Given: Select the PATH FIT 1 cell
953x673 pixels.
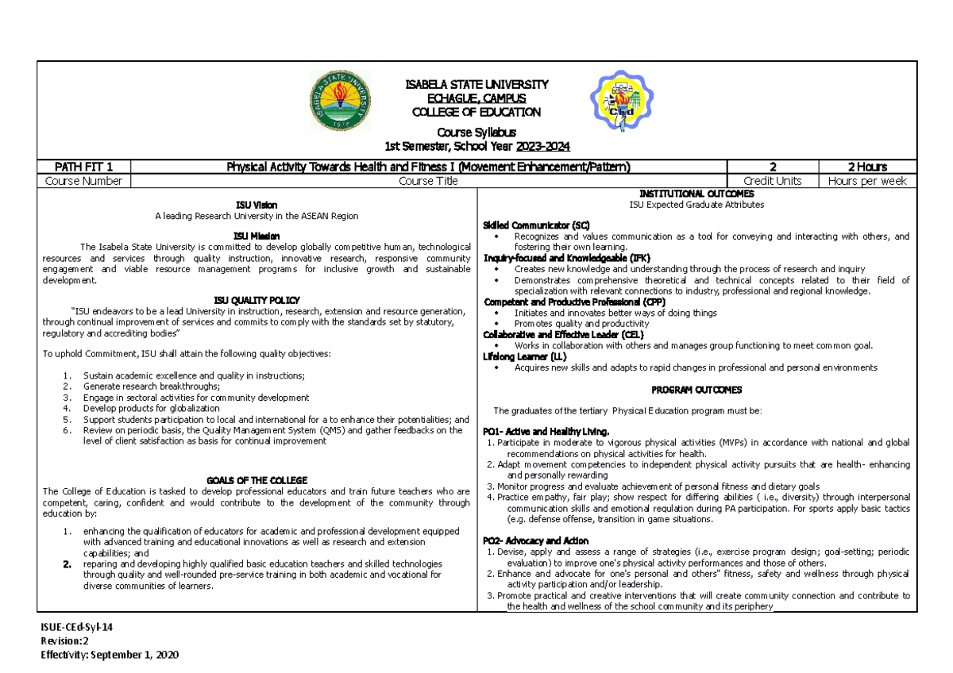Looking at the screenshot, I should coord(83,167).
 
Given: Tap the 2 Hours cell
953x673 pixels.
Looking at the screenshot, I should coord(866,167).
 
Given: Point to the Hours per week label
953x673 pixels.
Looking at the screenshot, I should coord(866,181).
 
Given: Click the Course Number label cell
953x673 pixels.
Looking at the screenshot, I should coord(83,181).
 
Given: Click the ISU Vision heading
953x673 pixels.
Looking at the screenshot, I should coord(257,205).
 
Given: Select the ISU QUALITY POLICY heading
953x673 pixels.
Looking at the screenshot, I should coord(257,300).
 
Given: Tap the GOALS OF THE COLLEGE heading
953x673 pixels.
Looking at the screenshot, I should coord(257,480).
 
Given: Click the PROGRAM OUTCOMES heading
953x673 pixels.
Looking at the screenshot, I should coord(696,390).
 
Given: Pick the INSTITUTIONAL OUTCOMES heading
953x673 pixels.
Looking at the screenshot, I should coord(696,194).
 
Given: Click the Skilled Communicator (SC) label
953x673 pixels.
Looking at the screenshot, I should coord(537,225).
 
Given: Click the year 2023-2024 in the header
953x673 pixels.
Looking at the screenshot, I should coord(542,147).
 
